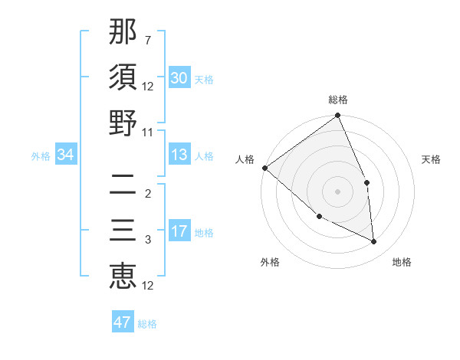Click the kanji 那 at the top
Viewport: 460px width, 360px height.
click(x=123, y=33)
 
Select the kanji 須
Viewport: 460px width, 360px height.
click(x=123, y=77)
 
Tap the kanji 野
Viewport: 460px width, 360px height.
click(x=123, y=123)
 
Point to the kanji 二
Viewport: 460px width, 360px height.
click(x=123, y=185)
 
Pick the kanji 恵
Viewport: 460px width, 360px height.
click(x=123, y=276)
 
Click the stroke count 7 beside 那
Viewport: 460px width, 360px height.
click(x=148, y=40)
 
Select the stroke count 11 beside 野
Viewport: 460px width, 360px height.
click(x=148, y=132)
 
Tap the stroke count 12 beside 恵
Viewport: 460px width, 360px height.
click(x=148, y=286)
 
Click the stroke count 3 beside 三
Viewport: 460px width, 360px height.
click(x=148, y=240)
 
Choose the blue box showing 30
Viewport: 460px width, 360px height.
click(x=179, y=78)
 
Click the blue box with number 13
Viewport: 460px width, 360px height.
click(x=179, y=155)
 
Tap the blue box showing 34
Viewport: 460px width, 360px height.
click(x=66, y=155)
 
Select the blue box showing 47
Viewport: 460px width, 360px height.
click(x=123, y=322)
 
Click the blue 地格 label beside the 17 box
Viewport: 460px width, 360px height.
click(x=204, y=233)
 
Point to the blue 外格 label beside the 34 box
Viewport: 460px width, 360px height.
click(x=41, y=156)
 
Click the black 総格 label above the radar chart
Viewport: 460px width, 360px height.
click(x=337, y=100)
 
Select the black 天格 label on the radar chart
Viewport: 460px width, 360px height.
click(x=432, y=159)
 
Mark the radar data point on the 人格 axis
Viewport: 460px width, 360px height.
click(x=264, y=168)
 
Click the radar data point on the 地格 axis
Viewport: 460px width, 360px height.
click(x=373, y=241)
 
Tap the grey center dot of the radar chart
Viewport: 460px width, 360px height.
click(x=337, y=191)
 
